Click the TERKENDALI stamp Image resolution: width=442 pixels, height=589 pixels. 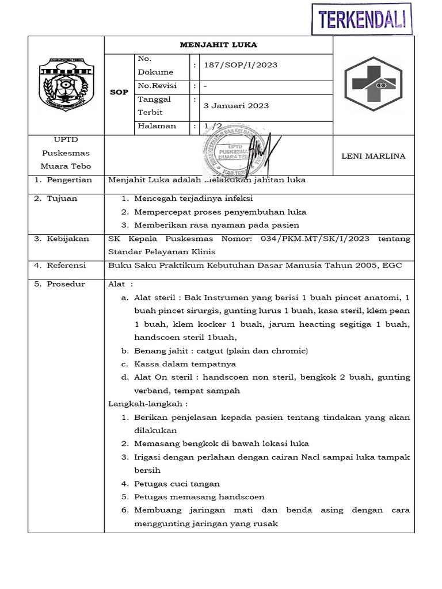coord(363,18)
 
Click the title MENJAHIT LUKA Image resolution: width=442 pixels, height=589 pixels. coord(219,45)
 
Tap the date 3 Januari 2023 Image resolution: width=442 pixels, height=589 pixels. coord(236,106)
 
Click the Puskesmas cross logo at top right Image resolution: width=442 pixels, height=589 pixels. coord(374,85)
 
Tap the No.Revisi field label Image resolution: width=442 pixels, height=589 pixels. coord(157,86)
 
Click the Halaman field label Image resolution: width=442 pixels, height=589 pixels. coord(157,126)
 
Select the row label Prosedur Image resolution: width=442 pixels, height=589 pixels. coord(66,284)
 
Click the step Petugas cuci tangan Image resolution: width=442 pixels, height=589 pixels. coord(177,484)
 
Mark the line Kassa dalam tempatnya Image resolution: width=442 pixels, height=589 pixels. coord(185,364)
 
